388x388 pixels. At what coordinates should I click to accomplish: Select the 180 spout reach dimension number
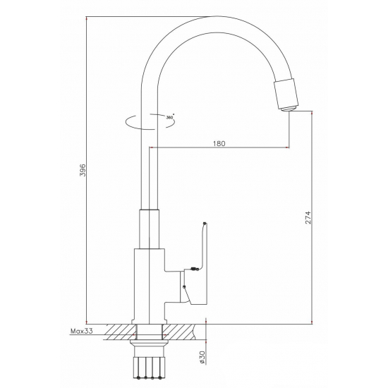[219, 143]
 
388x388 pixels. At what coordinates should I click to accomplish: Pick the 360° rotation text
[170, 119]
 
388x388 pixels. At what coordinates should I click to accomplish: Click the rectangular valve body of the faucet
[149, 282]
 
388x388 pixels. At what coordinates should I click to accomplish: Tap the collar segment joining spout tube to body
[150, 229]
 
